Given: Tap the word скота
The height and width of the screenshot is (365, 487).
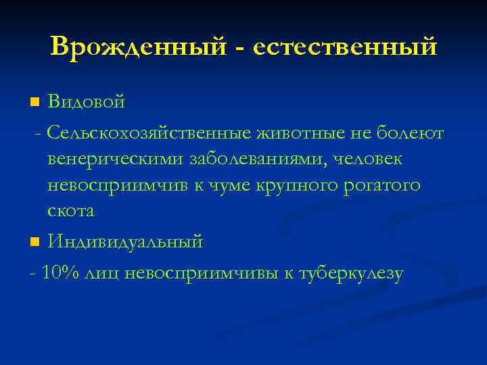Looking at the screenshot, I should click(71, 211).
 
